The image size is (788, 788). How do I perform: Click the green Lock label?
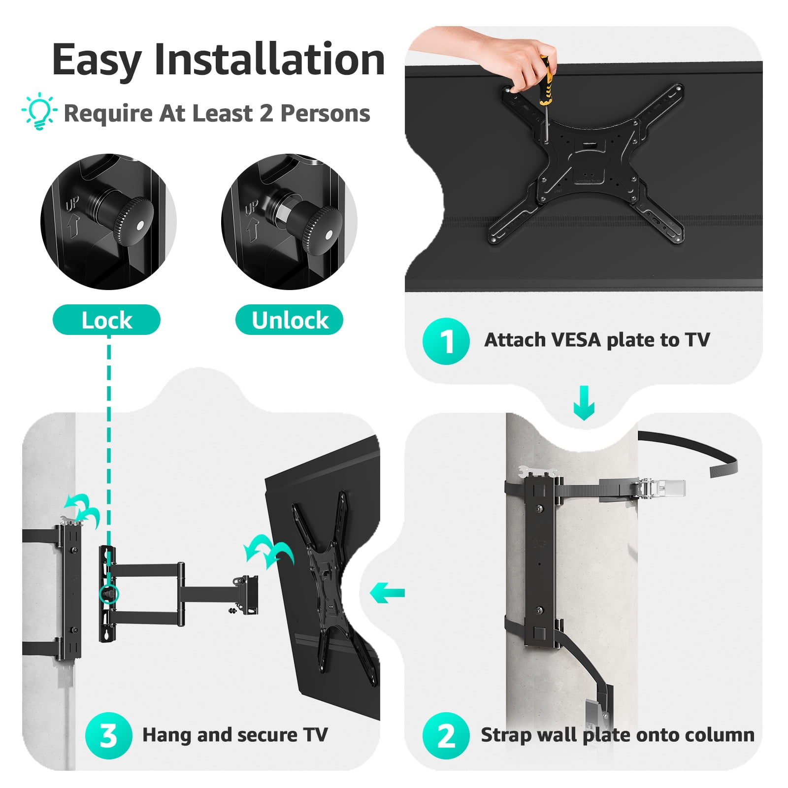coord(106,320)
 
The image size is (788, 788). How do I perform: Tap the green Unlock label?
coord(290,320)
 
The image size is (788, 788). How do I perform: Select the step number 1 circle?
coord(446,341)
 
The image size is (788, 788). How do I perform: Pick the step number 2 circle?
coord(446,735)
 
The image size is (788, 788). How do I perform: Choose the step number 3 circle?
coord(108,735)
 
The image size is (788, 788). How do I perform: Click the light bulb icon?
coord(39,113)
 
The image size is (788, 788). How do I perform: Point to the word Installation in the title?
coord(269,60)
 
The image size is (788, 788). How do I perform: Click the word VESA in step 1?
coord(575,340)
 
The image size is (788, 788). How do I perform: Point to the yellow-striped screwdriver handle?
coord(545,80)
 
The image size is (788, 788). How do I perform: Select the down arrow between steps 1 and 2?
coord(584,403)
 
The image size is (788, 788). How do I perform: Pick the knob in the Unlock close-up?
coord(315,227)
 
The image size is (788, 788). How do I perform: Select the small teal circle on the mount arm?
coord(108,594)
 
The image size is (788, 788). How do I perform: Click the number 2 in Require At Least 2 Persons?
coord(266,113)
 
